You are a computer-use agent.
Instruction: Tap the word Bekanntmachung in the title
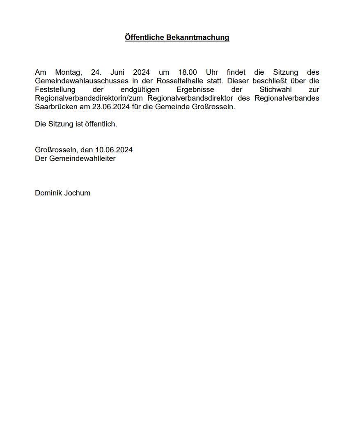click(x=198, y=37)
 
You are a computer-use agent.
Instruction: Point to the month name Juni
click(x=117, y=72)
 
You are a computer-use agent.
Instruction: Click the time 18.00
click(x=188, y=72)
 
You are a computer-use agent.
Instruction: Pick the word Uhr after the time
click(x=212, y=72)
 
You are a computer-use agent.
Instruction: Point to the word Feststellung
click(x=55, y=90)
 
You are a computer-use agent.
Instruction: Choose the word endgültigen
click(x=140, y=90)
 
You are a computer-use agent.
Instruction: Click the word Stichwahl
click(x=275, y=90)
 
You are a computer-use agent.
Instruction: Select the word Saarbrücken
click(x=55, y=107)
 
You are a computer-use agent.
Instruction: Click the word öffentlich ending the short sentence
click(x=100, y=124)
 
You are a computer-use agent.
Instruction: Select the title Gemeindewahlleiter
click(x=82, y=158)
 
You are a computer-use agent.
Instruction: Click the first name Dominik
click(x=48, y=193)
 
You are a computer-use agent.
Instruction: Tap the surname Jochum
click(x=77, y=193)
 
